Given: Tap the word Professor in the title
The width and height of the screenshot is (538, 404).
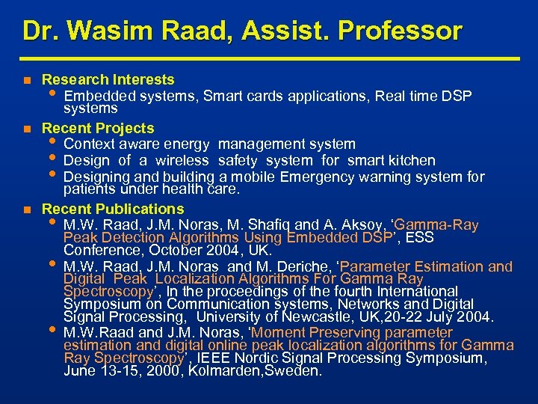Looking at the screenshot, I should click(x=401, y=31).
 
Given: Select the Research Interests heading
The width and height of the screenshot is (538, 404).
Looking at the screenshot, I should click(x=108, y=79).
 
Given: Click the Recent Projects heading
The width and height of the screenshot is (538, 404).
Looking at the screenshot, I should click(x=98, y=128).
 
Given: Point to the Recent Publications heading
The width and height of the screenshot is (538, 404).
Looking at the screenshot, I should click(x=113, y=209).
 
